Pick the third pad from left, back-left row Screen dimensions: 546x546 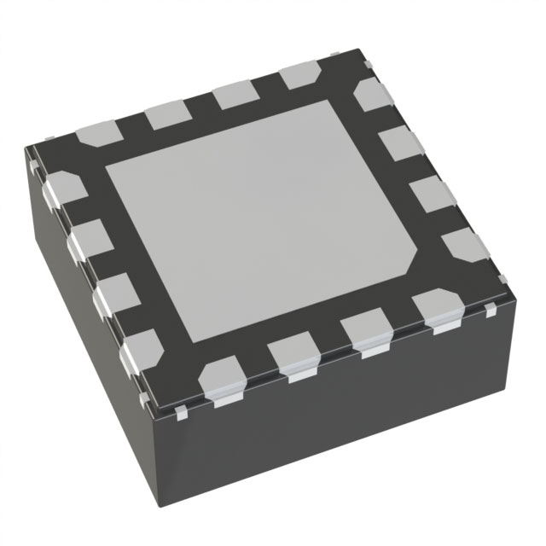234,96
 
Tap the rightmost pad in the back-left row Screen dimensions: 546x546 298,77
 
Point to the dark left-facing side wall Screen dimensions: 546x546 85,341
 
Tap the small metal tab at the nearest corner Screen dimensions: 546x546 183,415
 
